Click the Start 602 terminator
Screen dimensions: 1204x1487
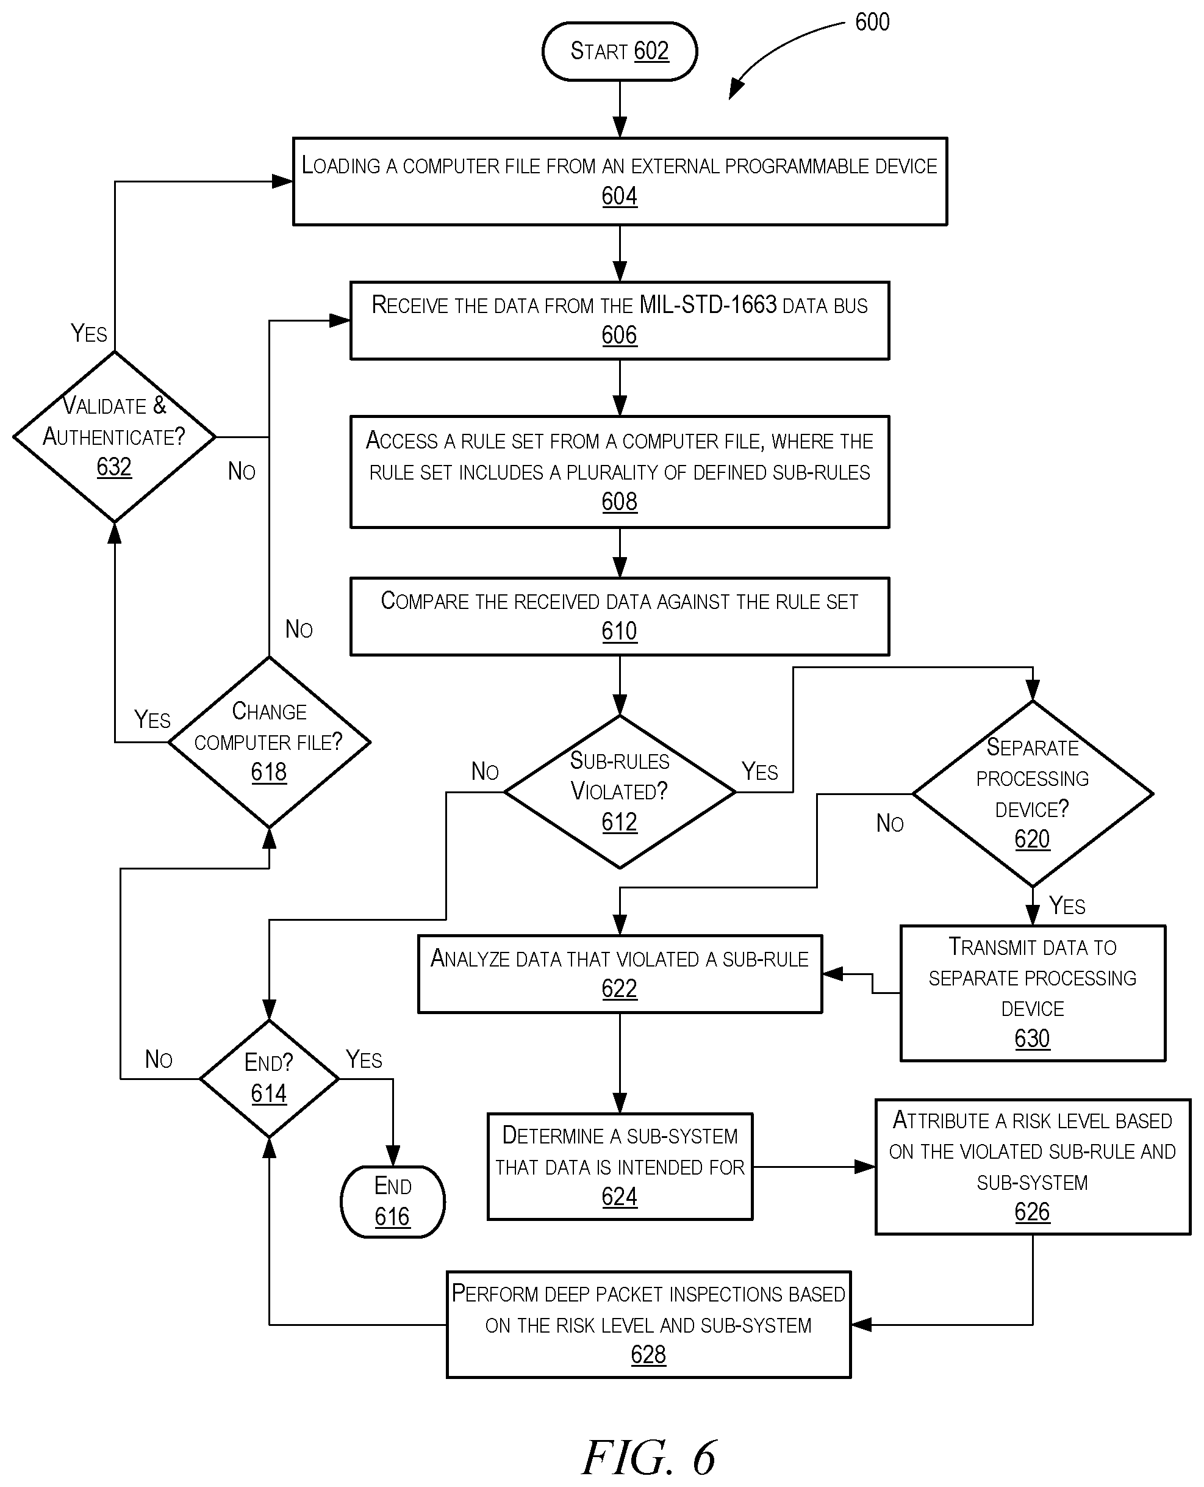[619, 51]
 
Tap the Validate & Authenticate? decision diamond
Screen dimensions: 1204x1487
[115, 436]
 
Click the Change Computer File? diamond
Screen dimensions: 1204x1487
[269, 742]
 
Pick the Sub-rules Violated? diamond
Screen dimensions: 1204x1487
[619, 792]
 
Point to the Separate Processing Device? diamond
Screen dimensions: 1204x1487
[1033, 794]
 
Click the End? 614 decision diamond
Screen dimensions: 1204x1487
[269, 1078]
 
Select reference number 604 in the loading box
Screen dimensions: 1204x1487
[619, 196]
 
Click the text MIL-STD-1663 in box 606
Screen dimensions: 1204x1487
[708, 305]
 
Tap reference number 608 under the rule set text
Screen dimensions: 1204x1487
[619, 502]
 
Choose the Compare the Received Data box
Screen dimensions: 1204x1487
[619, 616]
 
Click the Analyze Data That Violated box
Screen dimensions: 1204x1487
[619, 973]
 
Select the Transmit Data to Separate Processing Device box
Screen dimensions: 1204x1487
[1033, 993]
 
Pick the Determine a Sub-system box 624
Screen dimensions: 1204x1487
[619, 1167]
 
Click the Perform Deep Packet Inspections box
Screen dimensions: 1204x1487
[648, 1325]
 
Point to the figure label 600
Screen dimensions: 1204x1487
[872, 22]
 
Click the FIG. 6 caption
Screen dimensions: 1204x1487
[648, 1457]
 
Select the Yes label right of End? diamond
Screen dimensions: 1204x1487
[364, 1059]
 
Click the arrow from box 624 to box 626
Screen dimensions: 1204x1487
[814, 1167]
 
